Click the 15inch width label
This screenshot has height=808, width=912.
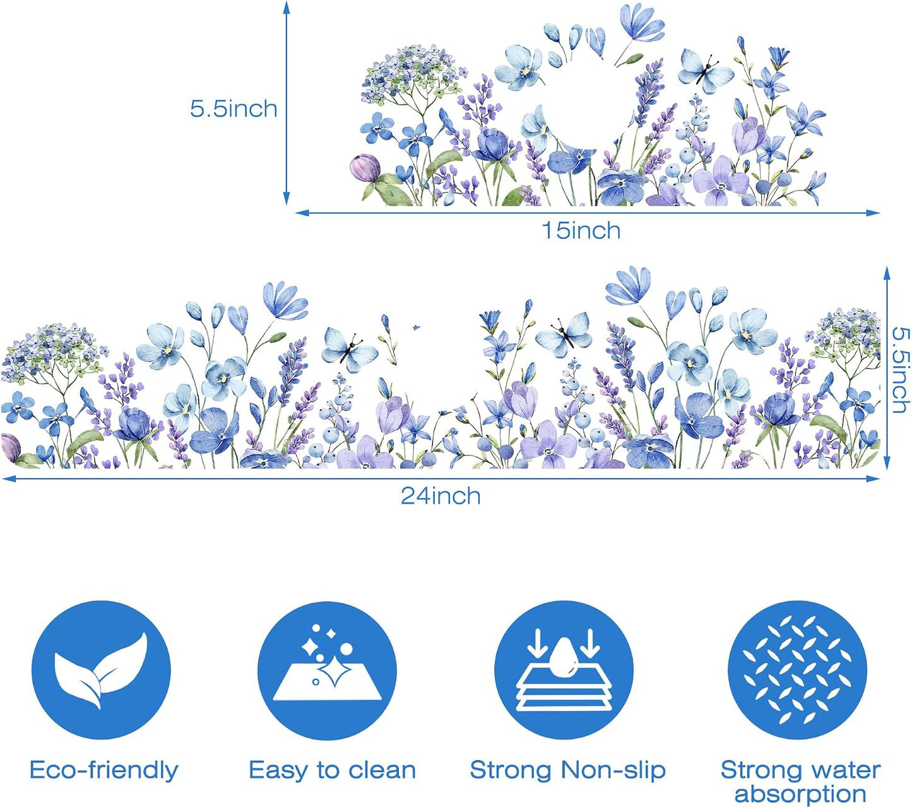(x=581, y=231)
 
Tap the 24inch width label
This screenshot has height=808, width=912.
(x=441, y=496)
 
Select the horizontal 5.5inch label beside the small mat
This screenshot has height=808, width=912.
(x=233, y=109)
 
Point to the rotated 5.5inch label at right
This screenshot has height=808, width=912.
(x=900, y=370)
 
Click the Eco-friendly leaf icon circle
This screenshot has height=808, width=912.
(x=101, y=670)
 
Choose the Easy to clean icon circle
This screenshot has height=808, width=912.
(x=328, y=670)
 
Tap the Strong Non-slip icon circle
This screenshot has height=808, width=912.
(x=564, y=670)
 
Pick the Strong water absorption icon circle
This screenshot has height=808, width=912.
(x=797, y=670)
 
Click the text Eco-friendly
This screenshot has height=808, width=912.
(x=104, y=770)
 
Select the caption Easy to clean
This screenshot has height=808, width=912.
(x=332, y=770)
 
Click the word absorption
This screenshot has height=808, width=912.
(x=800, y=795)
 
